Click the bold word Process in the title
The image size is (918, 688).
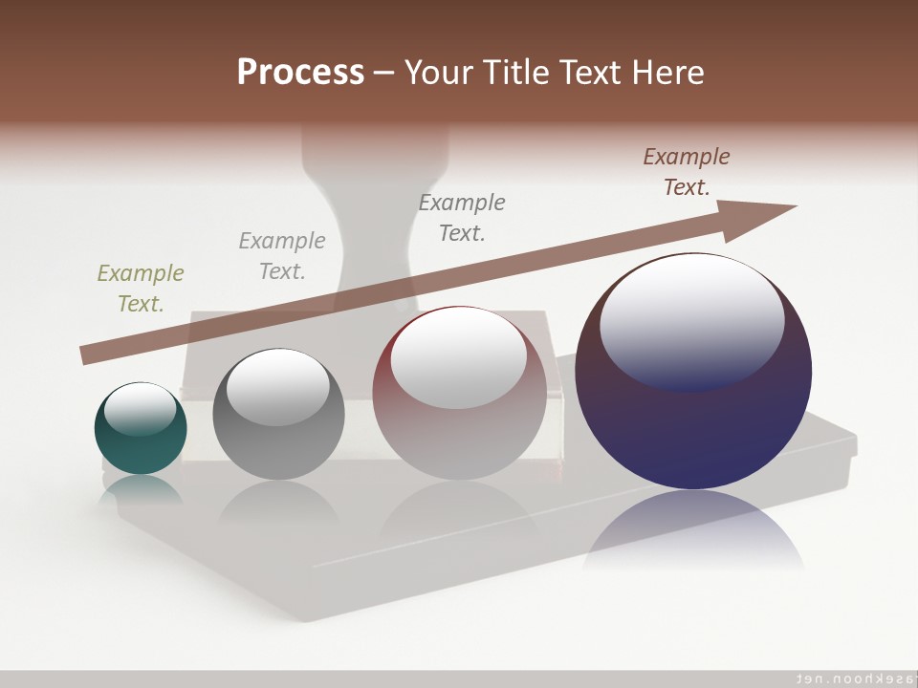tap(300, 72)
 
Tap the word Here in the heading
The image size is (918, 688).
tap(667, 72)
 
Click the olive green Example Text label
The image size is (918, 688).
tap(141, 288)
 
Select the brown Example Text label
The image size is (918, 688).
tap(687, 171)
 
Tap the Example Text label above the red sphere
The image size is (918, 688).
tap(462, 217)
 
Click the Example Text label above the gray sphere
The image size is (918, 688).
tap(282, 255)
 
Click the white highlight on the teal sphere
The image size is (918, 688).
tap(141, 409)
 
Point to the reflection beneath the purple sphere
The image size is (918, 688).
tap(694, 530)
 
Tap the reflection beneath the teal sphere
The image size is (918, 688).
tap(141, 489)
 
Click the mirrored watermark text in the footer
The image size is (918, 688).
tap(852, 677)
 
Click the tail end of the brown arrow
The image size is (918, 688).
tap(88, 355)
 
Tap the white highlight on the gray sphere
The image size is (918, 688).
tap(278, 386)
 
